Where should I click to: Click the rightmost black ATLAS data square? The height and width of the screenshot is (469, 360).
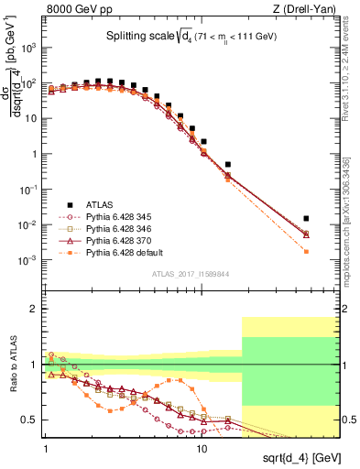tap(306, 218)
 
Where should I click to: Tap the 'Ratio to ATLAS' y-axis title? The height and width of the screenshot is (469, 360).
tap(12, 364)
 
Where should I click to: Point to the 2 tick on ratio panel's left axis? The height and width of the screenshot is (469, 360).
tap(34, 309)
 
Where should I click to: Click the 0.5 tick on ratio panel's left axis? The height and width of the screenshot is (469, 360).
tap(31, 420)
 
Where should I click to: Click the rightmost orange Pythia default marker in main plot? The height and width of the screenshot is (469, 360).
tap(306, 251)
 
